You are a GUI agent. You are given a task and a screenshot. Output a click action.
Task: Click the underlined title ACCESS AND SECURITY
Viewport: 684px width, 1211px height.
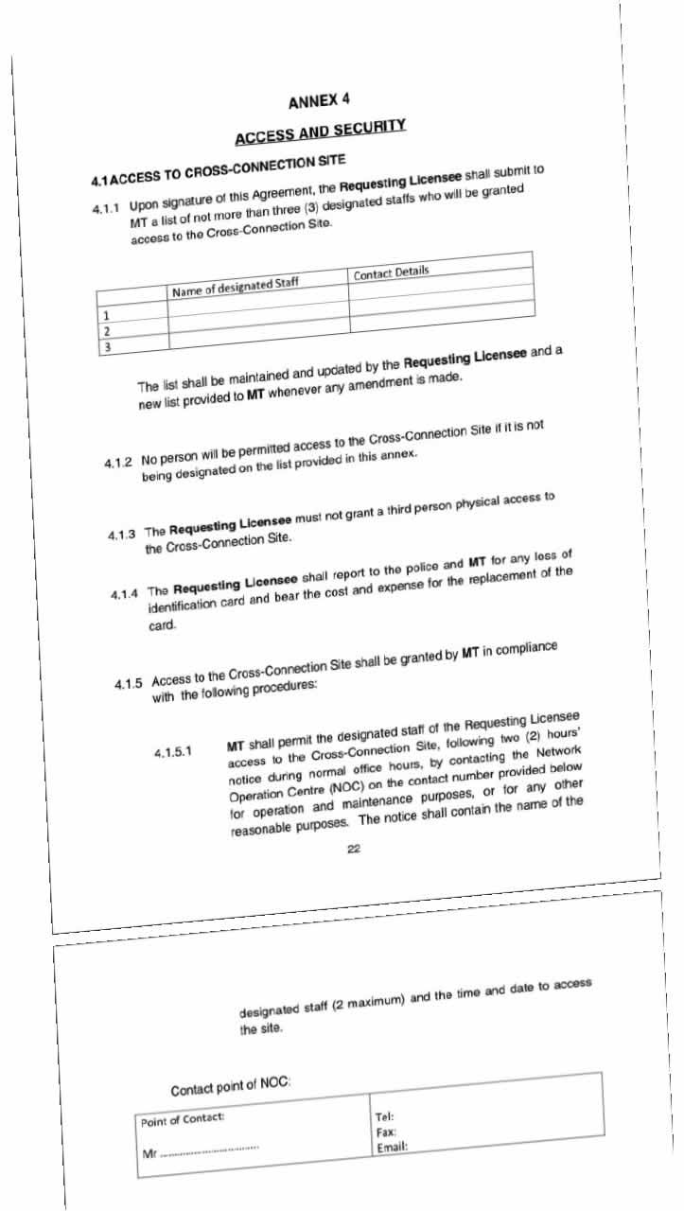click(321, 132)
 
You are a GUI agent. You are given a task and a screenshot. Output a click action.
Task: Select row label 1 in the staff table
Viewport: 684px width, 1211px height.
click(106, 315)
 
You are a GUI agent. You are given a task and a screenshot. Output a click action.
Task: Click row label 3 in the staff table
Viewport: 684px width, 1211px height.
click(107, 347)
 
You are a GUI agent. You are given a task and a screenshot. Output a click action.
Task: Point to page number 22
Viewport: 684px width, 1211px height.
click(353, 850)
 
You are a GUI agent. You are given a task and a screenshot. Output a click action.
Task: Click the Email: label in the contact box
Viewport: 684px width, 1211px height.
click(392, 1148)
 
